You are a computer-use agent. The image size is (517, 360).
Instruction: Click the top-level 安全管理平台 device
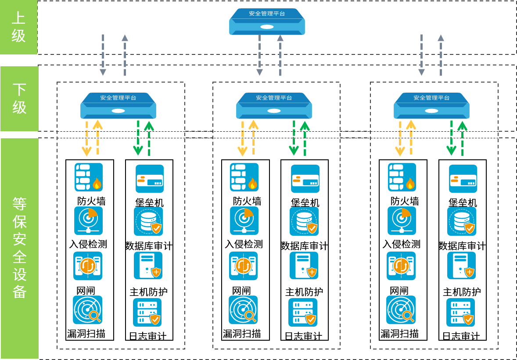coord(267,22)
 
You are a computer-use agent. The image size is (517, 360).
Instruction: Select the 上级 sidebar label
coord(18,27)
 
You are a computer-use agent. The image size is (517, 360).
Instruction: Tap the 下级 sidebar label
coord(19,98)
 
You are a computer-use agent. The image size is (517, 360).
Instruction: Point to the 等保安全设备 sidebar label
coord(19,248)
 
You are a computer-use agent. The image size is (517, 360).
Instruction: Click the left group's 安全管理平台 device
coord(118,106)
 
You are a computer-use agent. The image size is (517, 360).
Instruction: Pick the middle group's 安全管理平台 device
coord(274,106)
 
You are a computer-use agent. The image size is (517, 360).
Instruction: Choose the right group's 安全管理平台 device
coord(431,106)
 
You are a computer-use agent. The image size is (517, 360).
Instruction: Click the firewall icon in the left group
coord(89,177)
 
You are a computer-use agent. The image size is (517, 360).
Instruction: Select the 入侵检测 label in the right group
coord(402,244)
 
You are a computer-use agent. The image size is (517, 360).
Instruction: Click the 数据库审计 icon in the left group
coord(148,221)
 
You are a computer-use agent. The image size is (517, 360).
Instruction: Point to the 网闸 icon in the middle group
coord(244,266)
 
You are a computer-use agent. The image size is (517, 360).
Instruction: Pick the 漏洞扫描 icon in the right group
coord(401,310)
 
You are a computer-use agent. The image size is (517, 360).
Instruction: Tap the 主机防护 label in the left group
coord(149,292)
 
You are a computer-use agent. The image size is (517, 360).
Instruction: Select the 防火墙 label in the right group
coord(405,201)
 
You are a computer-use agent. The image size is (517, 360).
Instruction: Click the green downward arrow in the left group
coord(138,138)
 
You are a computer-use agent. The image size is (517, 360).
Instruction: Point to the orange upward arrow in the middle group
coord(254,138)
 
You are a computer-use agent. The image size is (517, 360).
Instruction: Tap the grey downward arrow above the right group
coord(421,55)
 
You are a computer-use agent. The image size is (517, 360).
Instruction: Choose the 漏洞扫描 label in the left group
coord(86,334)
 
